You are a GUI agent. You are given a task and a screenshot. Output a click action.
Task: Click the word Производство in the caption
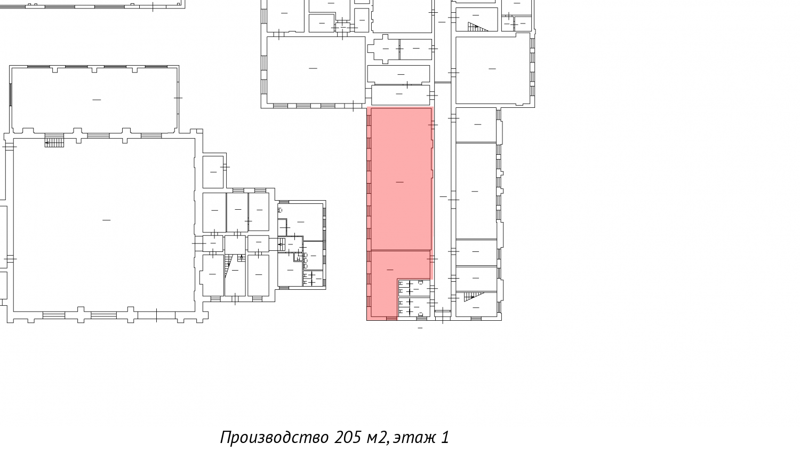point(274,438)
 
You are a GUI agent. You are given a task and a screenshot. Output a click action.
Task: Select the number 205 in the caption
point(348,437)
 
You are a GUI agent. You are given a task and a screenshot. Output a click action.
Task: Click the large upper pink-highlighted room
point(401,179)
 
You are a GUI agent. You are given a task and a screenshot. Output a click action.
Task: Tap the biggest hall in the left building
point(104,225)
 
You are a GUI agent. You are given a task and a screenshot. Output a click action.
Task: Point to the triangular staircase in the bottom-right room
point(474,296)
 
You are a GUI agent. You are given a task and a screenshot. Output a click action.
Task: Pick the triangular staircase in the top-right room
point(477,27)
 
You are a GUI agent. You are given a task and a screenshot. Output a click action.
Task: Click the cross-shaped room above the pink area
point(385,49)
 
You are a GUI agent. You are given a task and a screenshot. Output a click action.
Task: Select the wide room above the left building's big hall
point(94,100)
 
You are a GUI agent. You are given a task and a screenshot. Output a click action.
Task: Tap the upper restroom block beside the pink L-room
point(414,288)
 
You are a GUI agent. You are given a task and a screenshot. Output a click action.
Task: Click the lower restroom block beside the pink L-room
point(414,307)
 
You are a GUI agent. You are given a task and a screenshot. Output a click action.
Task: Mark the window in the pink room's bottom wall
point(391,319)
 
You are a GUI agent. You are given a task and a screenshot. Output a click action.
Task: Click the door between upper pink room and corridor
point(433,125)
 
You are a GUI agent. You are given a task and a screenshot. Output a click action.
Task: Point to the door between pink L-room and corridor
point(432,258)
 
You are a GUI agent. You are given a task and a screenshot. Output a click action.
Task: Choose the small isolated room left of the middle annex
point(213,172)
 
